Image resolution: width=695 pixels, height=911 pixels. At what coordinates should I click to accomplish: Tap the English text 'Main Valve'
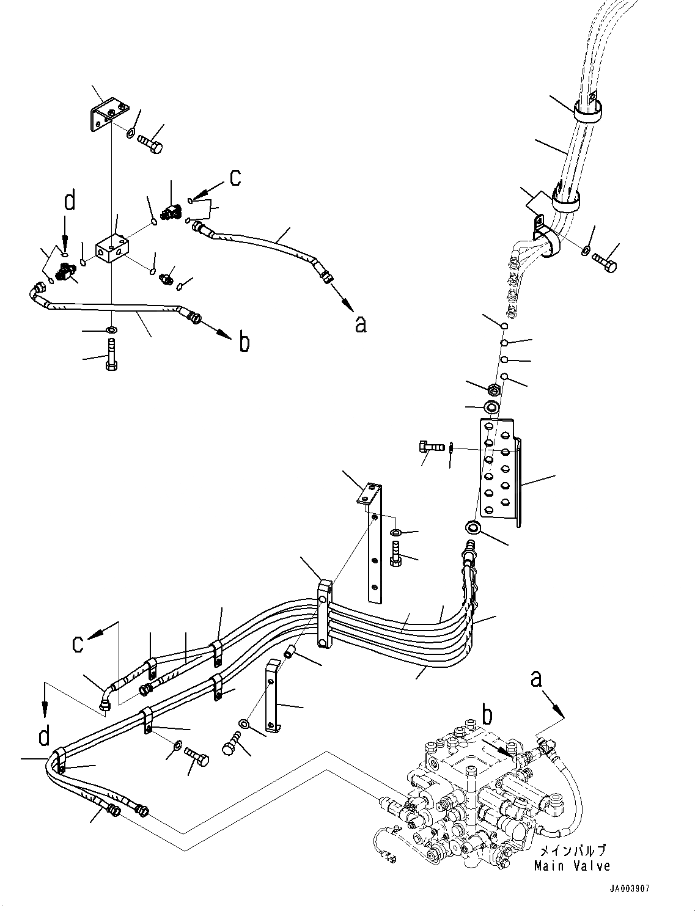coord(572,866)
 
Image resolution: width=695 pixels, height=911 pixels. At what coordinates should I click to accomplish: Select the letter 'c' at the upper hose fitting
coord(234,177)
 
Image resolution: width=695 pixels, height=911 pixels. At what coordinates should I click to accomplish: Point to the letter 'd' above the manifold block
coord(70,201)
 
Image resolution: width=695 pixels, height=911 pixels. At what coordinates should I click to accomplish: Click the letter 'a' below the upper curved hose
coord(361,324)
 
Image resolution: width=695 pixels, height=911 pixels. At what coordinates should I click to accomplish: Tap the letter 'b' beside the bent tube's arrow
coord(244,343)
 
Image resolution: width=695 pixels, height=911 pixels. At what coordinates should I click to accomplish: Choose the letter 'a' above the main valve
coord(536,679)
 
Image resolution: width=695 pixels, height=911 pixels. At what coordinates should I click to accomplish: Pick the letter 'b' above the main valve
coord(487,715)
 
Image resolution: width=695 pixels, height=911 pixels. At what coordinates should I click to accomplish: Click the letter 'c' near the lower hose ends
coord(77,644)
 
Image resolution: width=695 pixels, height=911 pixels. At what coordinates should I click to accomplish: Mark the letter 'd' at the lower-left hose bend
coord(44,736)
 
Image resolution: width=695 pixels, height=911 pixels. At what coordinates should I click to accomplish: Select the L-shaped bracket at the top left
coord(108,115)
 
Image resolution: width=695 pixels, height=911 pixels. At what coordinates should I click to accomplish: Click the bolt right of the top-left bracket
coord(149,144)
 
